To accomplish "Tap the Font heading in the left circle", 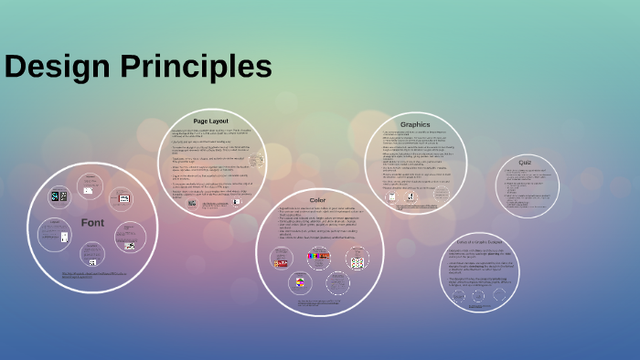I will pyautogui.click(x=91, y=222).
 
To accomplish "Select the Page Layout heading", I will pyautogui.click(x=210, y=121).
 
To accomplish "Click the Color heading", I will pyautogui.click(x=317, y=199).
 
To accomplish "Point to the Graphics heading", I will pyautogui.click(x=414, y=124).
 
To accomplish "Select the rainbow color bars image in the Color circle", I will pyautogui.click(x=318, y=257).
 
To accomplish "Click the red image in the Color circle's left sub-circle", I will pyautogui.click(x=282, y=262).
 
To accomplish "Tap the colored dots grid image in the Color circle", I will pyautogui.click(x=357, y=261).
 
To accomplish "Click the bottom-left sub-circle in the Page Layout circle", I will pyautogui.click(x=192, y=205).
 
